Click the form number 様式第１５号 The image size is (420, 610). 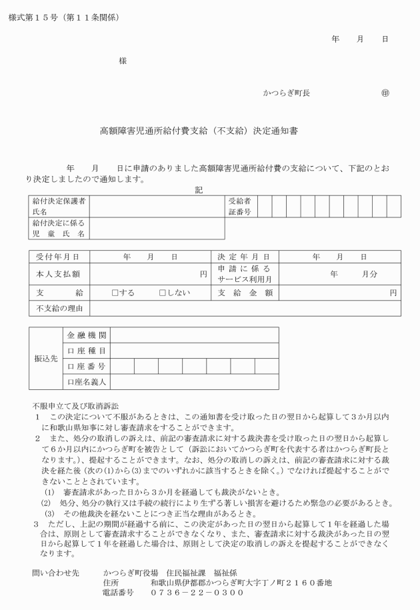tap(31, 16)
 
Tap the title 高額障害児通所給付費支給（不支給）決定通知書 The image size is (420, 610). tap(199, 131)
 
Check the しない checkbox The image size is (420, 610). tap(162, 293)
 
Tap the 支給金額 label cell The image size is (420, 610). tap(244, 293)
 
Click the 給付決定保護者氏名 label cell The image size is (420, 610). tap(59, 206)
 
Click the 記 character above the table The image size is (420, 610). tap(198, 189)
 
